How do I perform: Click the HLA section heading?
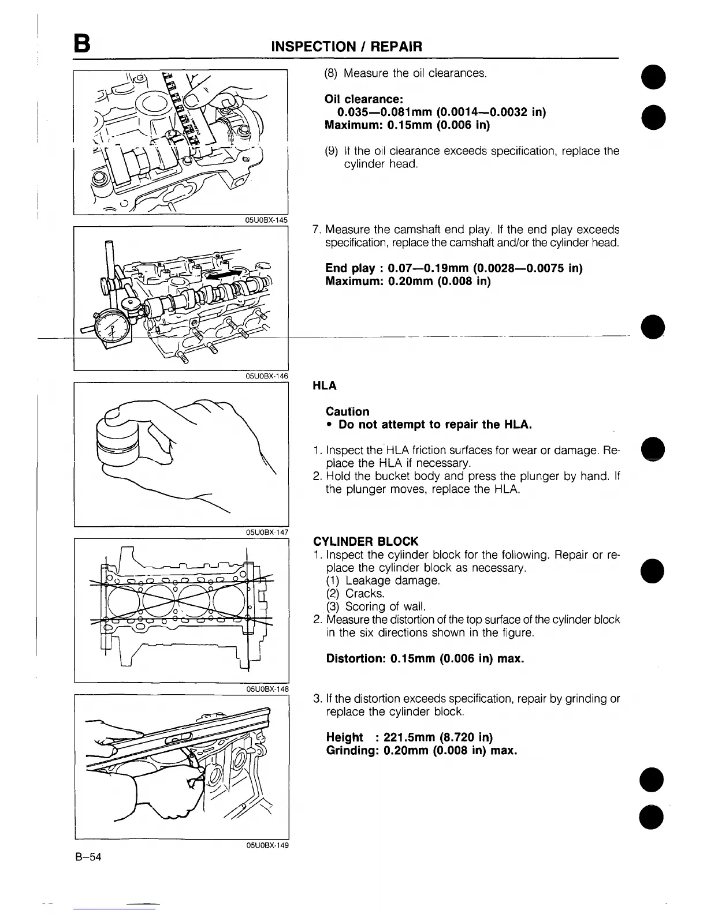click(x=325, y=385)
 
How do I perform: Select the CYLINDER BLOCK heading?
click(x=365, y=541)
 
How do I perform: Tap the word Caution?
click(x=347, y=411)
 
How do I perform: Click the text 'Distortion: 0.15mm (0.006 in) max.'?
click(x=425, y=658)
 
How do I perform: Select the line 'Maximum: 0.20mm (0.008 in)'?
click(x=408, y=282)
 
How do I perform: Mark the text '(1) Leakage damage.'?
click(x=384, y=580)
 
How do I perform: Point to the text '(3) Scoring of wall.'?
click(x=384, y=606)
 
